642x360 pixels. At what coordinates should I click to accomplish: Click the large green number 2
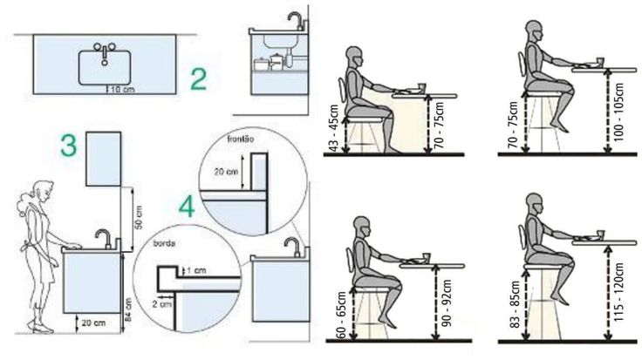click(x=199, y=79)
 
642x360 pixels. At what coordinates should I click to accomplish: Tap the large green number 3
click(x=69, y=146)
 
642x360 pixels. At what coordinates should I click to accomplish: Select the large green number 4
click(x=187, y=207)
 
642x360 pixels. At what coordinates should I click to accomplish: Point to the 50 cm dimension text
click(x=139, y=217)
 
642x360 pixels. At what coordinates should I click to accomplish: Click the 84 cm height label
click(x=128, y=309)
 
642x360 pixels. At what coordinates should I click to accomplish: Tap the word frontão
click(x=241, y=139)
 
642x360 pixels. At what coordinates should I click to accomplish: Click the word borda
click(x=164, y=244)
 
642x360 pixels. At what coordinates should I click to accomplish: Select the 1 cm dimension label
click(x=196, y=270)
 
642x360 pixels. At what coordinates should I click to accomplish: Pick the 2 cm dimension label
click(x=162, y=304)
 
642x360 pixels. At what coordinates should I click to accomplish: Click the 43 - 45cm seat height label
click(x=334, y=128)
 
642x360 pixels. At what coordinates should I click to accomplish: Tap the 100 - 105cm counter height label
click(x=619, y=112)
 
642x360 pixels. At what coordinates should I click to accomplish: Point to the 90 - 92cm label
click(x=447, y=303)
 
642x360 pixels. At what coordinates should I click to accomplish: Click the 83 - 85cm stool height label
click(x=515, y=304)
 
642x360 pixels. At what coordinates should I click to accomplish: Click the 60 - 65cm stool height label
click(x=341, y=315)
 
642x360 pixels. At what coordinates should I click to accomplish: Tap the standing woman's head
click(x=41, y=192)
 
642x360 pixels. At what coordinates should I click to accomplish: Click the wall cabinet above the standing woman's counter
click(x=104, y=159)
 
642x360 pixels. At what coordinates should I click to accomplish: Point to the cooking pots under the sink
click(x=269, y=62)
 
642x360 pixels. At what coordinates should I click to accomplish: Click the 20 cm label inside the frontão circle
click(x=226, y=172)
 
